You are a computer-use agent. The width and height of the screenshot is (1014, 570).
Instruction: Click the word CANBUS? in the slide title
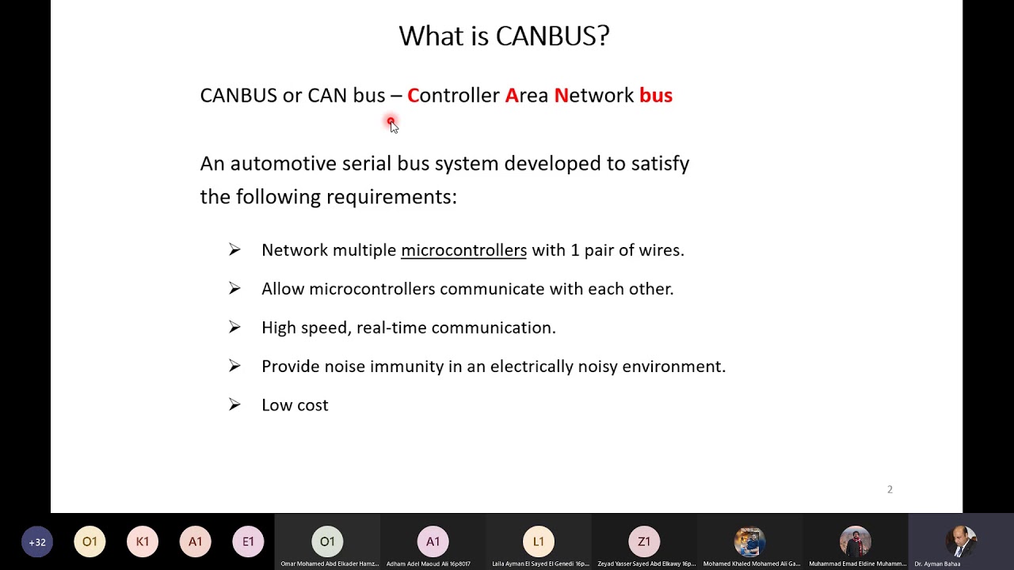point(552,36)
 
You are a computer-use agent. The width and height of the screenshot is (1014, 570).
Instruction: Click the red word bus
point(656,96)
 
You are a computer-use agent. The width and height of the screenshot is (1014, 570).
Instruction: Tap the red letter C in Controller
point(413,96)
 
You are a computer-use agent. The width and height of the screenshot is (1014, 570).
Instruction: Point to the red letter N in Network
point(561,96)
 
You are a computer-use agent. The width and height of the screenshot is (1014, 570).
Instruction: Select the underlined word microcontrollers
point(463,250)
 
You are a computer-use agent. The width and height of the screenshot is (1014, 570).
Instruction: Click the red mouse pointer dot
point(391,122)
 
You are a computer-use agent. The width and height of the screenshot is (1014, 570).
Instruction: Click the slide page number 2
point(890,489)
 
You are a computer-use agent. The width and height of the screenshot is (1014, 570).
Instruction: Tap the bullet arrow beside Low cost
point(234,405)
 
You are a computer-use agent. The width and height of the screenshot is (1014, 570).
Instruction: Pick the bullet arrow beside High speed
point(234,327)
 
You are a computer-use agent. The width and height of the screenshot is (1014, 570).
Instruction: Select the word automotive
point(283,164)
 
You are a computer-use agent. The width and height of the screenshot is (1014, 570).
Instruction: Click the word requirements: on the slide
point(391,196)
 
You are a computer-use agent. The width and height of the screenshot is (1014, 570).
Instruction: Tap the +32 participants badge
point(37,542)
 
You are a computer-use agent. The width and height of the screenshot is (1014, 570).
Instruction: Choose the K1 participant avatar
point(143,542)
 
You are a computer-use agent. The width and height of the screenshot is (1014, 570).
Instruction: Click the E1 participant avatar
point(248,542)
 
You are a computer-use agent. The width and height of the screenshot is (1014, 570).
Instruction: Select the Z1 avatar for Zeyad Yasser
point(644,541)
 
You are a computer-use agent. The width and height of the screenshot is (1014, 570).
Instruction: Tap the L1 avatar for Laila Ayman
point(539,541)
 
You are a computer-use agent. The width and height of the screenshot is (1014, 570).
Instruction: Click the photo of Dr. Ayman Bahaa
point(961,541)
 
